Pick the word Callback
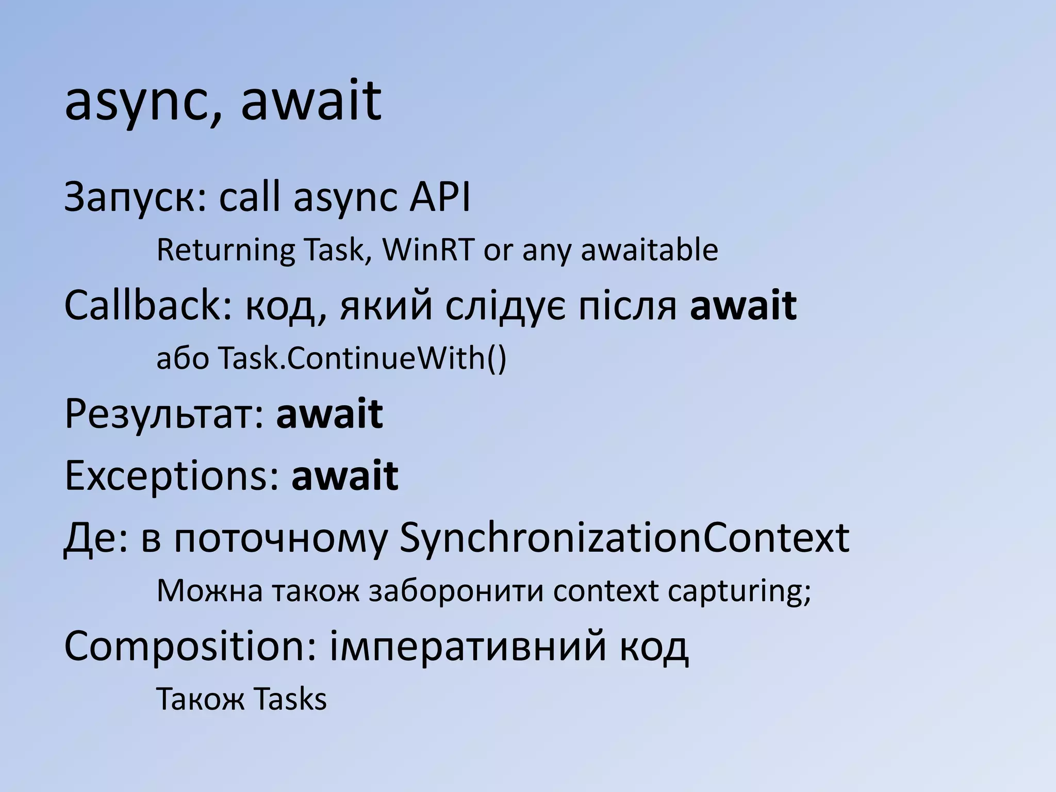click(147, 305)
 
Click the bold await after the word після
click(743, 305)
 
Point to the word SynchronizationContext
click(624, 538)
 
